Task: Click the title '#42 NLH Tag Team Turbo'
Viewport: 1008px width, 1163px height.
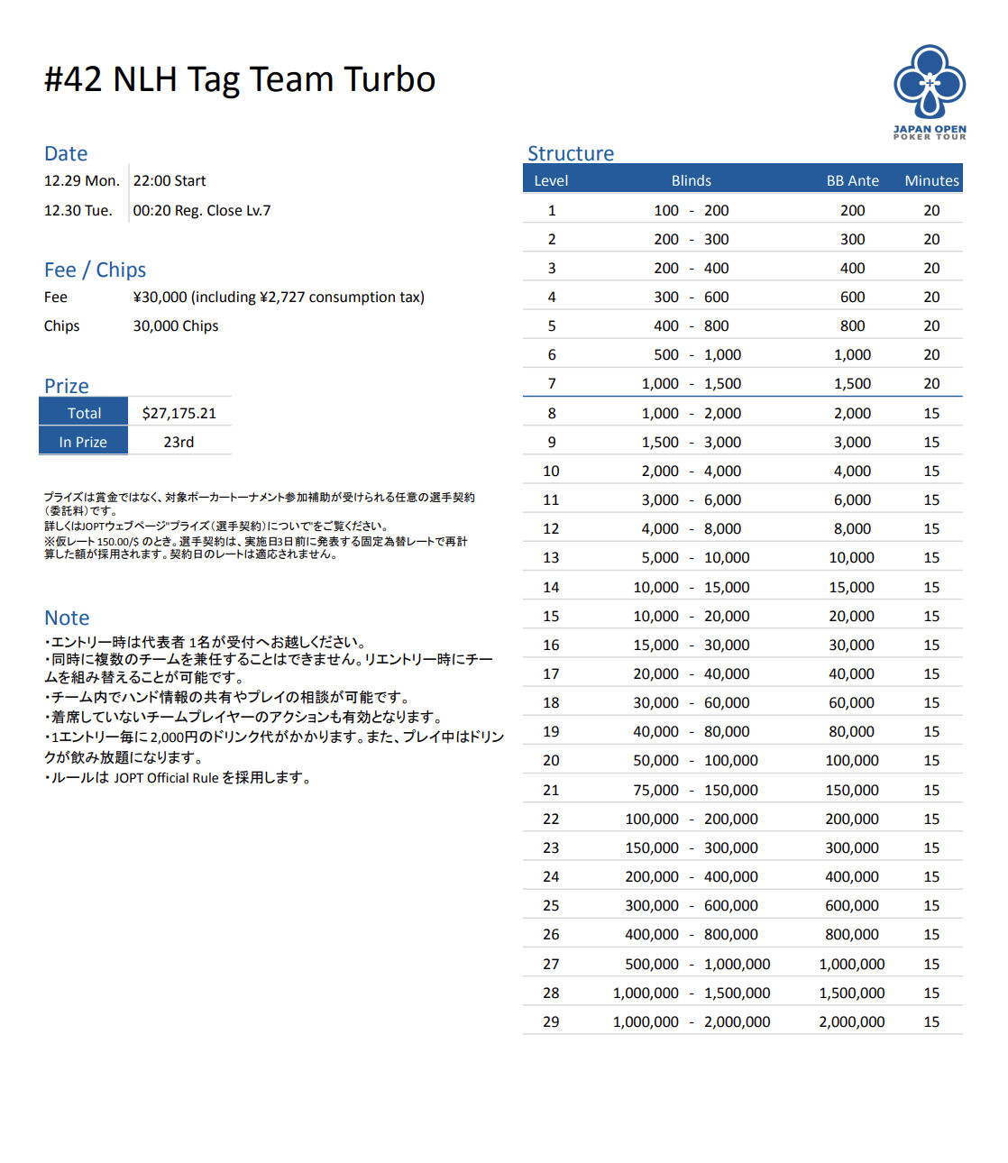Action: point(240,79)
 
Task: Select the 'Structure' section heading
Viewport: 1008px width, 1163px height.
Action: point(571,153)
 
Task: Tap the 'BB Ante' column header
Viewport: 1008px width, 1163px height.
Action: point(852,180)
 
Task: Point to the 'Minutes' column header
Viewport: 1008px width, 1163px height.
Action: point(931,180)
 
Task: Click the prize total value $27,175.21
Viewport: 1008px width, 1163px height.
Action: point(179,413)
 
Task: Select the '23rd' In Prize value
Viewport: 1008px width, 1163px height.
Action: point(179,442)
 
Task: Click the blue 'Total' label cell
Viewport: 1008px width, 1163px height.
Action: point(84,413)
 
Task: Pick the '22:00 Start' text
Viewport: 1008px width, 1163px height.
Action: point(170,180)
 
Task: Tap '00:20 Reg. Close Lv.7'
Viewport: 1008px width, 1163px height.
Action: point(202,210)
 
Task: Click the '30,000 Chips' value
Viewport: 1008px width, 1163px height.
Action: point(176,325)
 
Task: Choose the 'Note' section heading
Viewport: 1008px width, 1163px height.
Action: point(67,618)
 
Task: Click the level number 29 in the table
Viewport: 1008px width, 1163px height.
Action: point(551,1021)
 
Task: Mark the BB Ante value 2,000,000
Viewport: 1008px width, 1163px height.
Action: point(851,1021)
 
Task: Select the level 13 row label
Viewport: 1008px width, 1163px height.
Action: point(551,557)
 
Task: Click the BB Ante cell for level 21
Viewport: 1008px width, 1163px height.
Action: point(851,790)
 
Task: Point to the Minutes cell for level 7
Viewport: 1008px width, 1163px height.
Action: point(931,383)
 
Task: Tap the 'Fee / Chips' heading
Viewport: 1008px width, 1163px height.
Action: point(95,270)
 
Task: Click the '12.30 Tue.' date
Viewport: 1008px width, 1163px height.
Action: point(78,210)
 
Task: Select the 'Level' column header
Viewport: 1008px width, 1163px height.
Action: point(551,180)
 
